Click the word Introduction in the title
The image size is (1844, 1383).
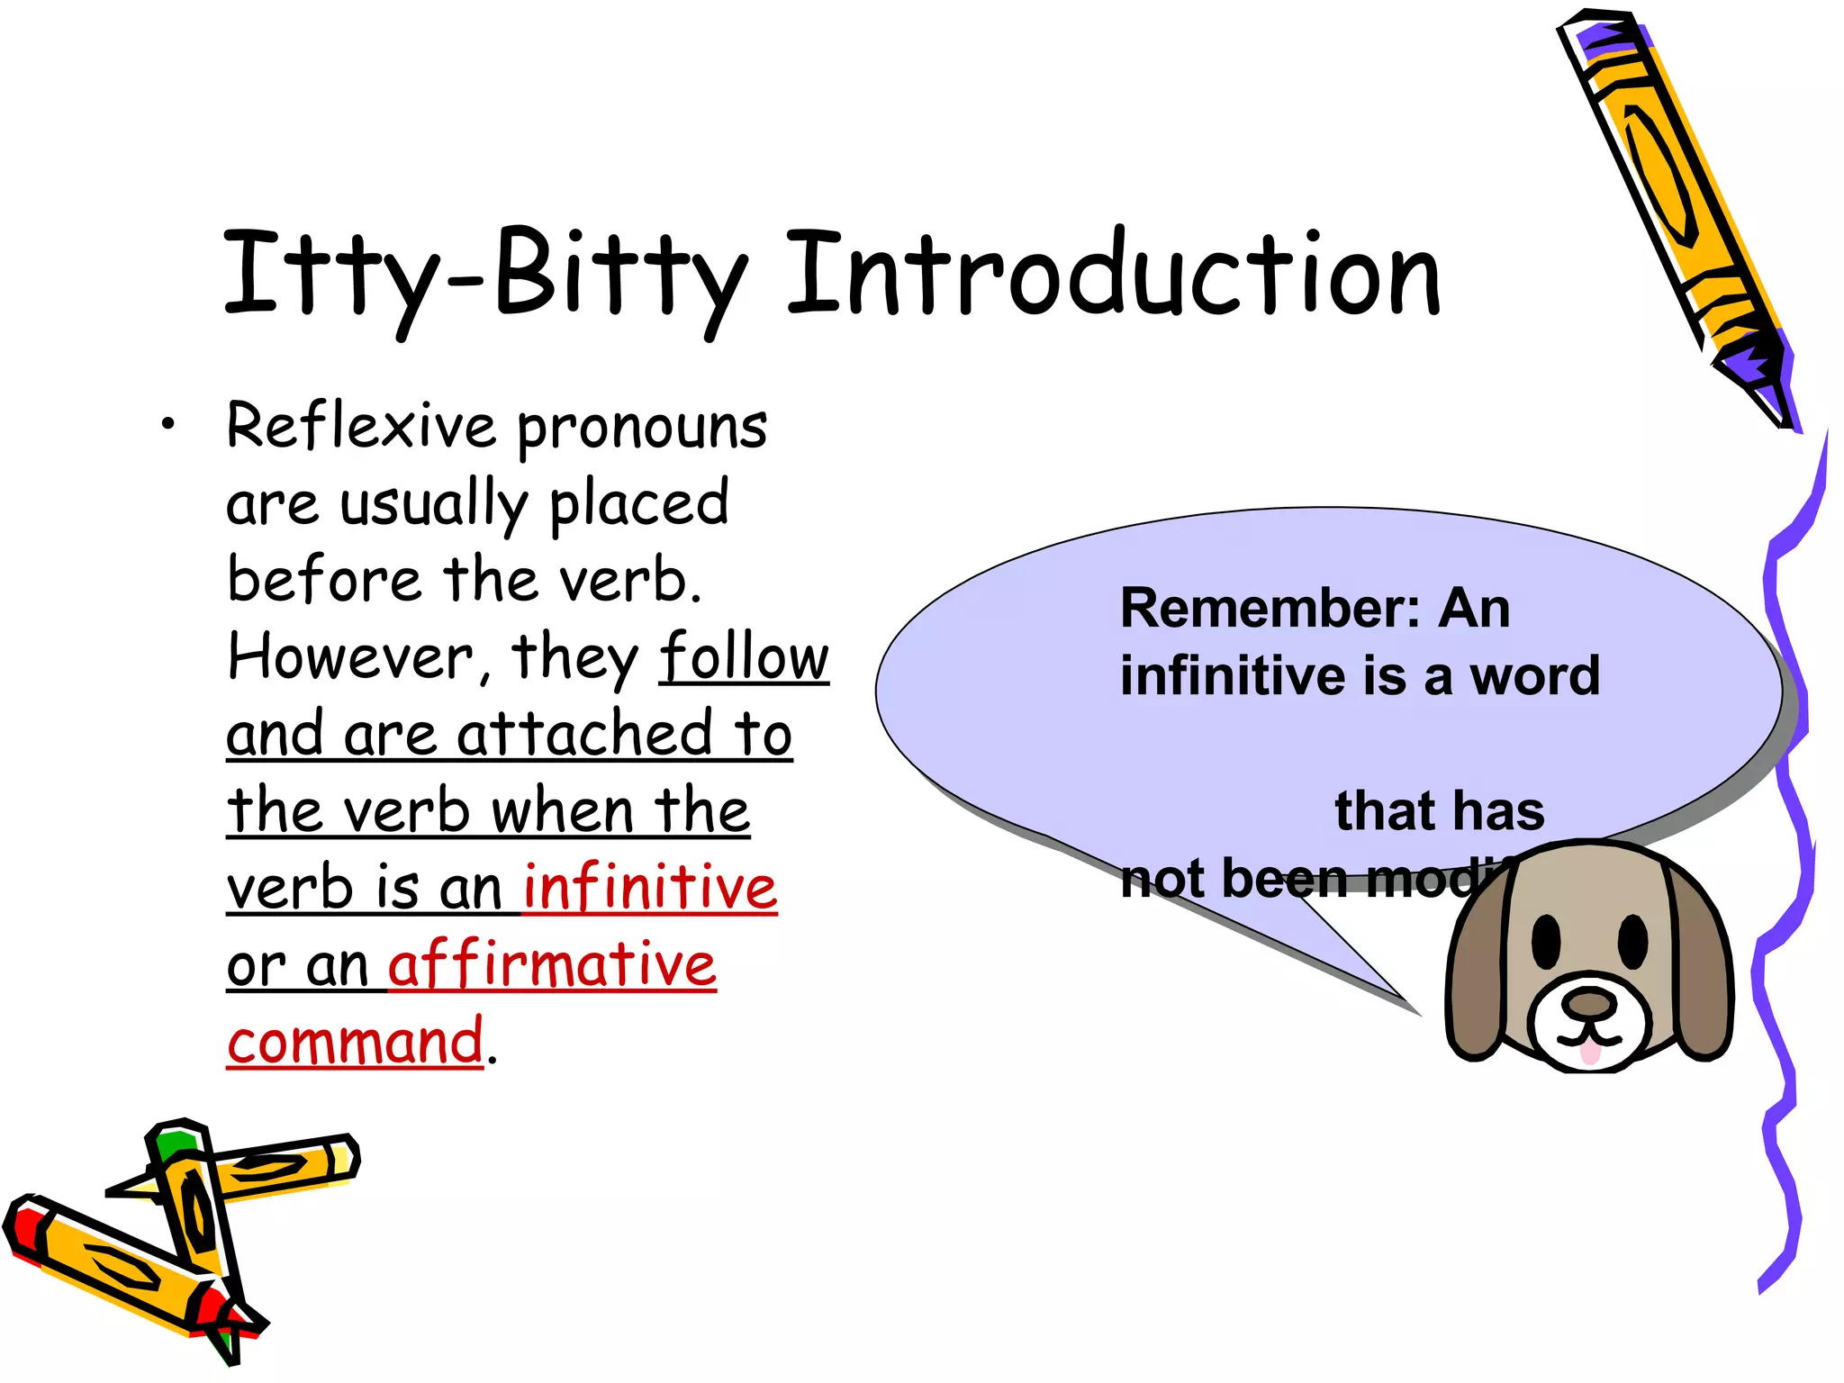[x=1113, y=275]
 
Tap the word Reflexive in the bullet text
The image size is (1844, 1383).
[x=360, y=426]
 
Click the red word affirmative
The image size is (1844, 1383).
[x=552, y=964]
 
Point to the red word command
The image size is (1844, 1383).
[x=355, y=1042]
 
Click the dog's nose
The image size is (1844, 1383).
[x=1589, y=1002]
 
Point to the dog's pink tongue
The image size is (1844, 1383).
[x=1590, y=1052]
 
